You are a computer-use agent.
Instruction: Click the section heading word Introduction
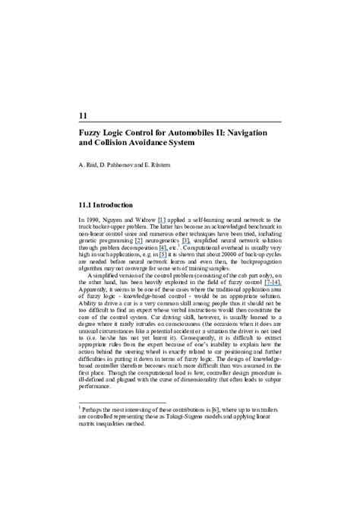pos(112,205)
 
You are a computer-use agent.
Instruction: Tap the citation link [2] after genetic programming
pos(139,240)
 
